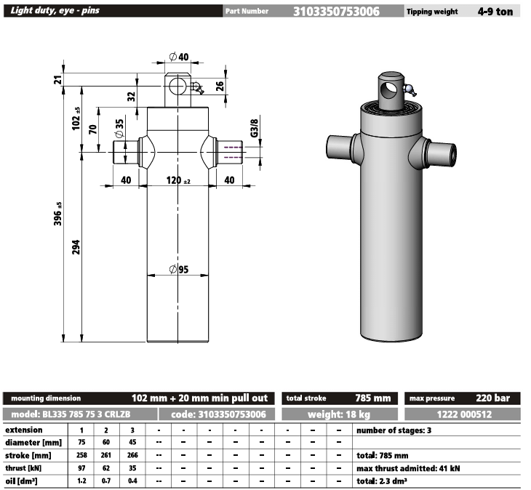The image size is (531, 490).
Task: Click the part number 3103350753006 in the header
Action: [x=335, y=11]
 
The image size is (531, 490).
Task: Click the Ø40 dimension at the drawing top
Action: [x=178, y=57]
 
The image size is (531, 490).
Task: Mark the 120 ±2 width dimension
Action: [x=178, y=180]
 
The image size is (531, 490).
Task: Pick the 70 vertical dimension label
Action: [x=92, y=130]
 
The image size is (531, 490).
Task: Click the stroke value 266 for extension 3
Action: [x=132, y=455]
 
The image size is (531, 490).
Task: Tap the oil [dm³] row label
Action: [x=22, y=481]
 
